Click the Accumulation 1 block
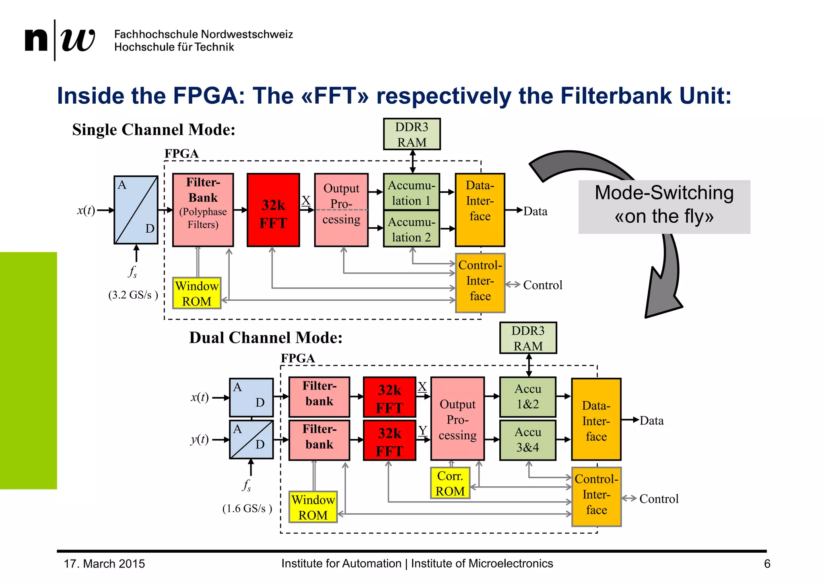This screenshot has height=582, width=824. pyautogui.click(x=411, y=192)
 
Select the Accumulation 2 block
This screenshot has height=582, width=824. pyautogui.click(x=411, y=229)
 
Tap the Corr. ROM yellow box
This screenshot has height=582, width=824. pyautogui.click(x=450, y=483)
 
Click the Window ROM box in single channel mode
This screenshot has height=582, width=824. pyautogui.click(x=196, y=293)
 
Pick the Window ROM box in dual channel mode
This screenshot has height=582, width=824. pyautogui.click(x=313, y=507)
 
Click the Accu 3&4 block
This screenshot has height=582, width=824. pyautogui.click(x=527, y=440)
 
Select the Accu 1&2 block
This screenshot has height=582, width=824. pyautogui.click(x=527, y=397)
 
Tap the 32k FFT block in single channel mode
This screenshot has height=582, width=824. pyautogui.click(x=273, y=210)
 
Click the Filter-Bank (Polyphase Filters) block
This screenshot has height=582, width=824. pyautogui.click(x=203, y=210)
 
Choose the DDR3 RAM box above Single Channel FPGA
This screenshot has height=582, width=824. pyautogui.click(x=412, y=134)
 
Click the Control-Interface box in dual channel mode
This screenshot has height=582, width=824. pyautogui.click(x=596, y=497)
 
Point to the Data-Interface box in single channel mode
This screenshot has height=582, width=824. pyautogui.click(x=480, y=210)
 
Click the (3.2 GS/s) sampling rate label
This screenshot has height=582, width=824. pyautogui.click(x=133, y=295)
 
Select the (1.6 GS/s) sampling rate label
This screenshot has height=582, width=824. pyautogui.click(x=247, y=509)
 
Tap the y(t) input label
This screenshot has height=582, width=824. pyautogui.click(x=200, y=439)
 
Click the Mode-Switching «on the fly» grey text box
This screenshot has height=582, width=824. pyautogui.click(x=664, y=207)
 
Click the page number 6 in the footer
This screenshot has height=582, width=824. pyautogui.click(x=767, y=564)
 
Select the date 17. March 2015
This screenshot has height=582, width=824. pyautogui.click(x=104, y=564)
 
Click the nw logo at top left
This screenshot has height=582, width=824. pyautogui.click(x=60, y=40)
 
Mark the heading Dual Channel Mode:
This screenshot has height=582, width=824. pyautogui.click(x=266, y=338)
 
